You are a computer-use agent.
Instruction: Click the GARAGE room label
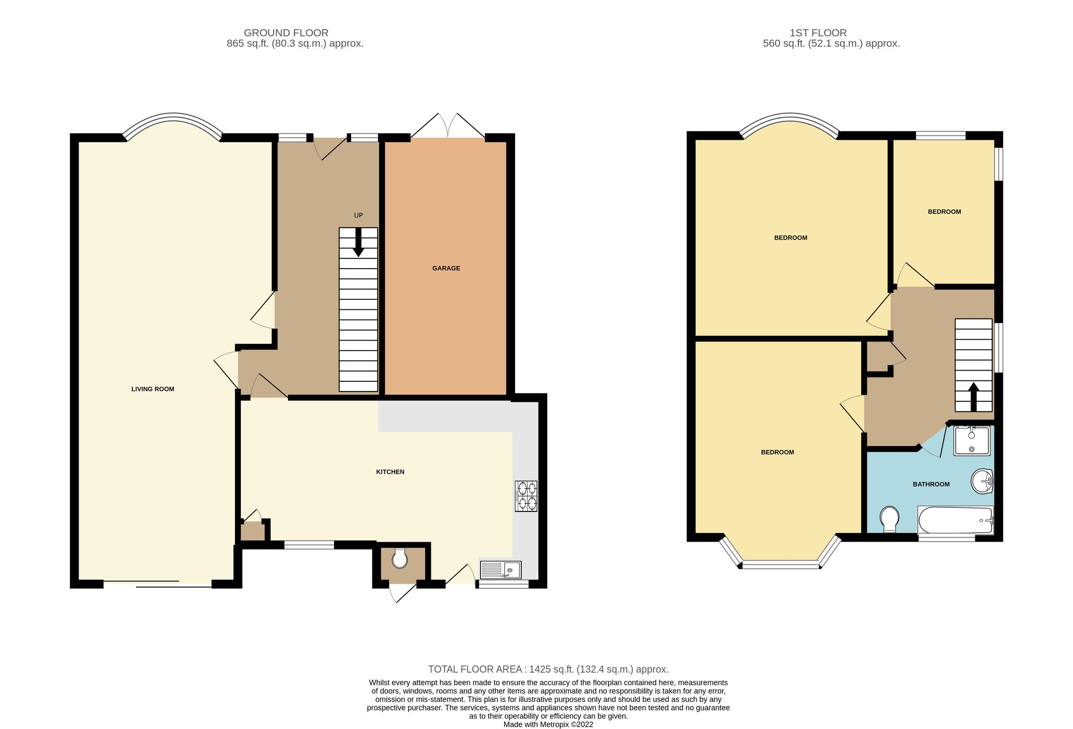tap(446, 268)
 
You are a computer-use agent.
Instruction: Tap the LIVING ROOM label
tap(153, 389)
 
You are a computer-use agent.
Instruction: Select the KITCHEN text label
tap(390, 472)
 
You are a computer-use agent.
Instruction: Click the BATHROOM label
tap(931, 485)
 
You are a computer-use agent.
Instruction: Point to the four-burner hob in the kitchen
tap(526, 496)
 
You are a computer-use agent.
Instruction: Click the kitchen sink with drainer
tap(500, 570)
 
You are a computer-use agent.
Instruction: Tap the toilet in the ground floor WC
tap(399, 559)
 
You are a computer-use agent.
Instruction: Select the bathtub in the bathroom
tap(955, 520)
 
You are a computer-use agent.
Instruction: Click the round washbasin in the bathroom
tap(982, 481)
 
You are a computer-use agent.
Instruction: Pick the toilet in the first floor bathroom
tap(889, 518)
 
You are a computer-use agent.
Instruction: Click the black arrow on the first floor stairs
tap(973, 396)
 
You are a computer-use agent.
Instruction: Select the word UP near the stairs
tap(358, 215)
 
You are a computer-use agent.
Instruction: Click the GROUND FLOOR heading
tap(286, 33)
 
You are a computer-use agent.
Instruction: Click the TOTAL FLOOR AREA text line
tap(548, 669)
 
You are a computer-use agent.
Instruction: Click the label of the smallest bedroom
tap(944, 212)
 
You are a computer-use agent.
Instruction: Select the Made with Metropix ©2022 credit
tap(548, 725)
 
